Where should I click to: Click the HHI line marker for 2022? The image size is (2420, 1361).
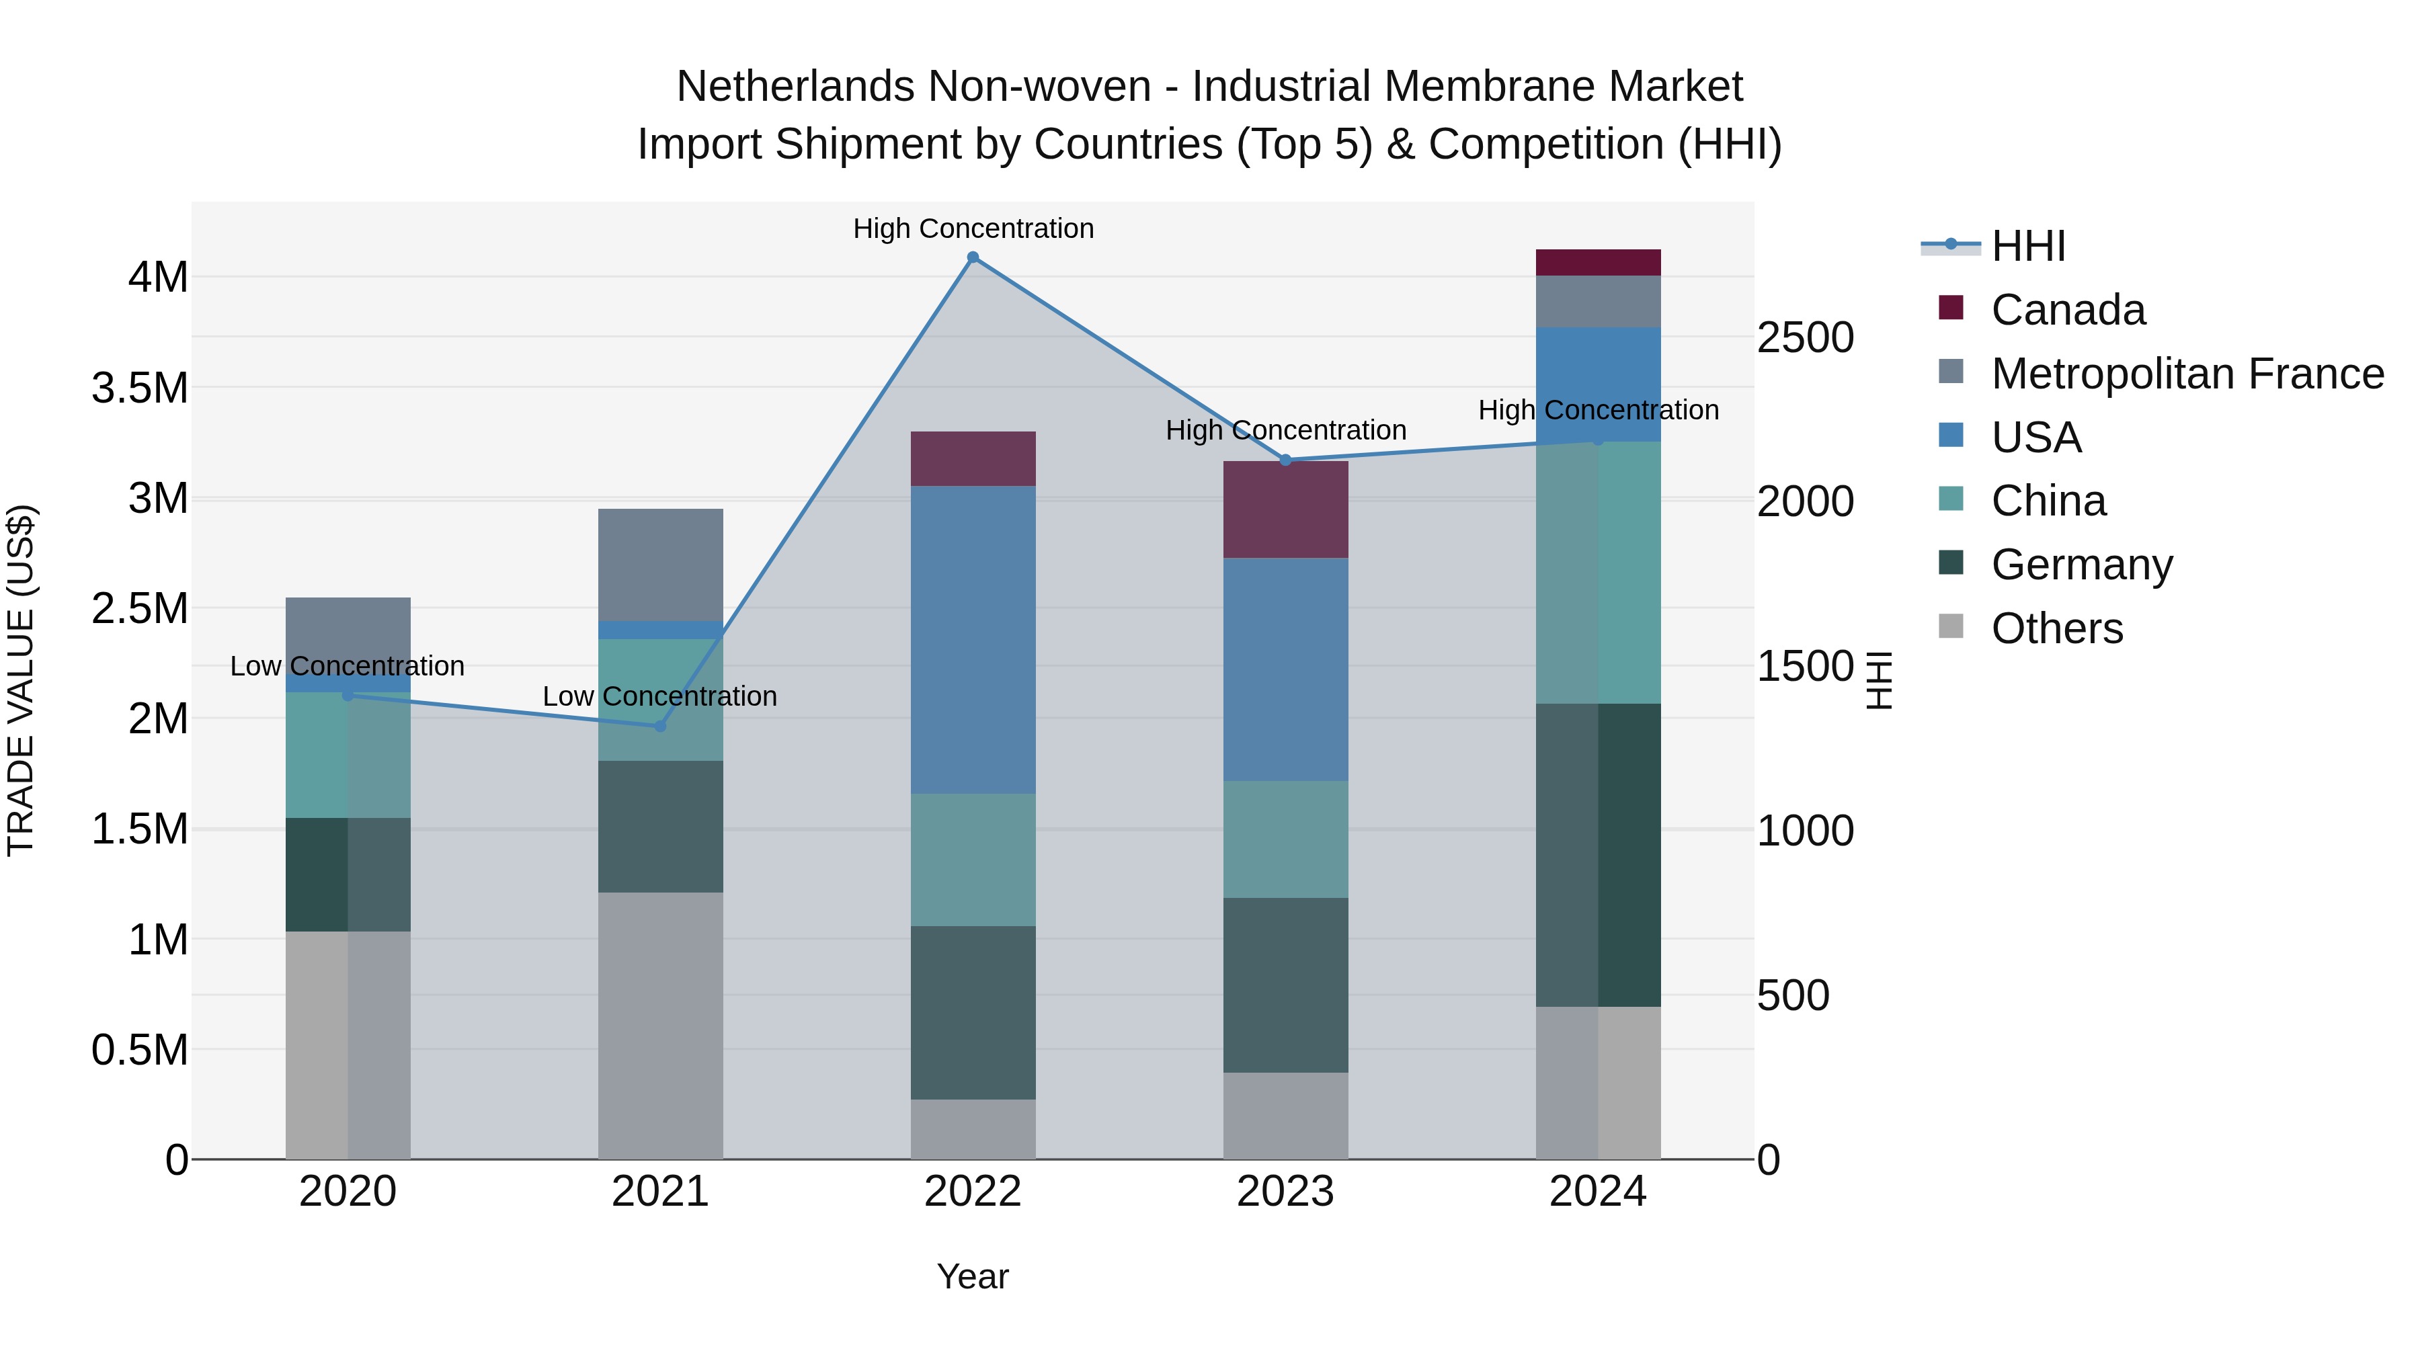click(x=973, y=257)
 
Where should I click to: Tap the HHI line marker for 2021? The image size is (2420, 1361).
click(x=659, y=726)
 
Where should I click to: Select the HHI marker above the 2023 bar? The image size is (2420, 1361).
click(x=1286, y=460)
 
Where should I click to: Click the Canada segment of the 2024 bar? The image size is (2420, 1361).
click(x=1598, y=263)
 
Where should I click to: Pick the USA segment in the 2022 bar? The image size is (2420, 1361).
click(x=973, y=638)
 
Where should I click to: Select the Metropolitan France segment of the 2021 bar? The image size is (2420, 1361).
click(x=660, y=565)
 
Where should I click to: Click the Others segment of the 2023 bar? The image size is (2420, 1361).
click(x=1285, y=1115)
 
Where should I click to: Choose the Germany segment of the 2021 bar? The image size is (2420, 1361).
click(x=660, y=827)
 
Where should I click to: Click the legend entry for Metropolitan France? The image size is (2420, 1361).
click(x=2187, y=374)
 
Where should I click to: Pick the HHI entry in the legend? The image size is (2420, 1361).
click(x=2027, y=246)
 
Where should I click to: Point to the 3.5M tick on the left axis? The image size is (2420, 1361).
click(x=140, y=388)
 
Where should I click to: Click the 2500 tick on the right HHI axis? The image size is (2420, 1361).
click(x=1805, y=338)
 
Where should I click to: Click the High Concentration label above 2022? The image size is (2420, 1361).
click(x=973, y=229)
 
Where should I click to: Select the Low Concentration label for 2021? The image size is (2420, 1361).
click(x=659, y=696)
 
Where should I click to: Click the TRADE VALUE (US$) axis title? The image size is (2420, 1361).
click(x=21, y=680)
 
